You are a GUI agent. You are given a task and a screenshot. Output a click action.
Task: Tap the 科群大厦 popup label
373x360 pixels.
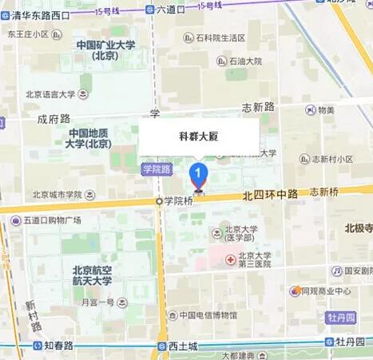coord(198,136)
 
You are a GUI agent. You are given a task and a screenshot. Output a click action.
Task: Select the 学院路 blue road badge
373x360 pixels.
coord(157,169)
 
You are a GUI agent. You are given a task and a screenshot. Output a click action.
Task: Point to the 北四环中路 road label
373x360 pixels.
coord(270,194)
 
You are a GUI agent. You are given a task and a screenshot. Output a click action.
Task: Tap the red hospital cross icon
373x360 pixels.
coord(229,260)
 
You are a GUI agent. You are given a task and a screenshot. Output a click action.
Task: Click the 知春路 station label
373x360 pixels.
coord(58,346)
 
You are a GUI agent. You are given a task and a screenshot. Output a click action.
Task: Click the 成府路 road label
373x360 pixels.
coord(53,117)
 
